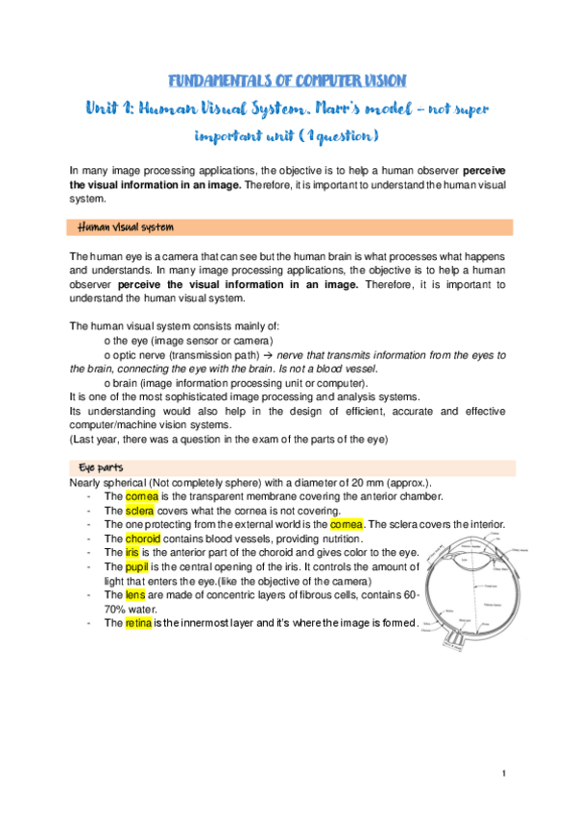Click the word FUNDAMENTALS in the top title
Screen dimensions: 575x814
point(206,80)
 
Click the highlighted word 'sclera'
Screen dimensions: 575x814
point(140,511)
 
